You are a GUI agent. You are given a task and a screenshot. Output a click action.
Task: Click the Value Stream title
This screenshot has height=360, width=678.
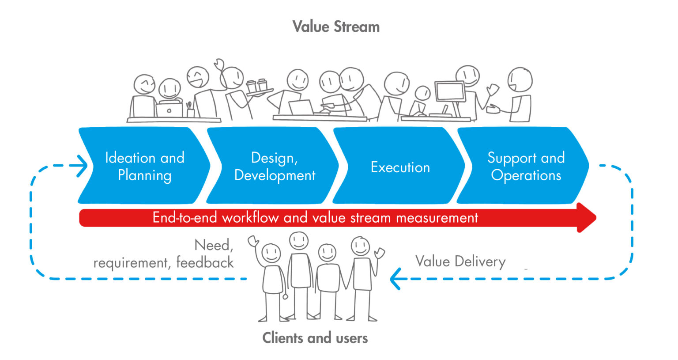336,27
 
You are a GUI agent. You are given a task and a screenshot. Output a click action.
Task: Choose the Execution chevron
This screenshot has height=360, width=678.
400,167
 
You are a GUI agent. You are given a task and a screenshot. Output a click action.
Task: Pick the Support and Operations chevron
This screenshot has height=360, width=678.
525,166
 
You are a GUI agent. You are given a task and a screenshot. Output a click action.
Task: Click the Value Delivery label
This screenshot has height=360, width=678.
460,261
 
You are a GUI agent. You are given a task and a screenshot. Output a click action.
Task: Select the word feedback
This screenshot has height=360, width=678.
205,262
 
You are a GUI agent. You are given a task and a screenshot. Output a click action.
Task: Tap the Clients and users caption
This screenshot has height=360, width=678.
315,338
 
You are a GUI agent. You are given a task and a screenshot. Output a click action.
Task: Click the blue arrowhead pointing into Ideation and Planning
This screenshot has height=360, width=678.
82,166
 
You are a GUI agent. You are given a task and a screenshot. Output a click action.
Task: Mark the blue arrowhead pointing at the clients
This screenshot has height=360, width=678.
395,279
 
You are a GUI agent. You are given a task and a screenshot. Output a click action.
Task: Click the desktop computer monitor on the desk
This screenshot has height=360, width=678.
449,92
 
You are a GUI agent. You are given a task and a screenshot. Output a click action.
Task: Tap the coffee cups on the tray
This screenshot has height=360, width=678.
257,86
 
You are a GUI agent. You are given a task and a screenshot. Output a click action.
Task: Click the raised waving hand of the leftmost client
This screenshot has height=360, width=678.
253,241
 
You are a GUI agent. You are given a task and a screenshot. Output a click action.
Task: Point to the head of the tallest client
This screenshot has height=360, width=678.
299,241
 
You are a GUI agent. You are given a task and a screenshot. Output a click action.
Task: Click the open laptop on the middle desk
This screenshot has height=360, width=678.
301,107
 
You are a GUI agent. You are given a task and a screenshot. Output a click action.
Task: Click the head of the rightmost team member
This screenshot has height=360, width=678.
520,80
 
